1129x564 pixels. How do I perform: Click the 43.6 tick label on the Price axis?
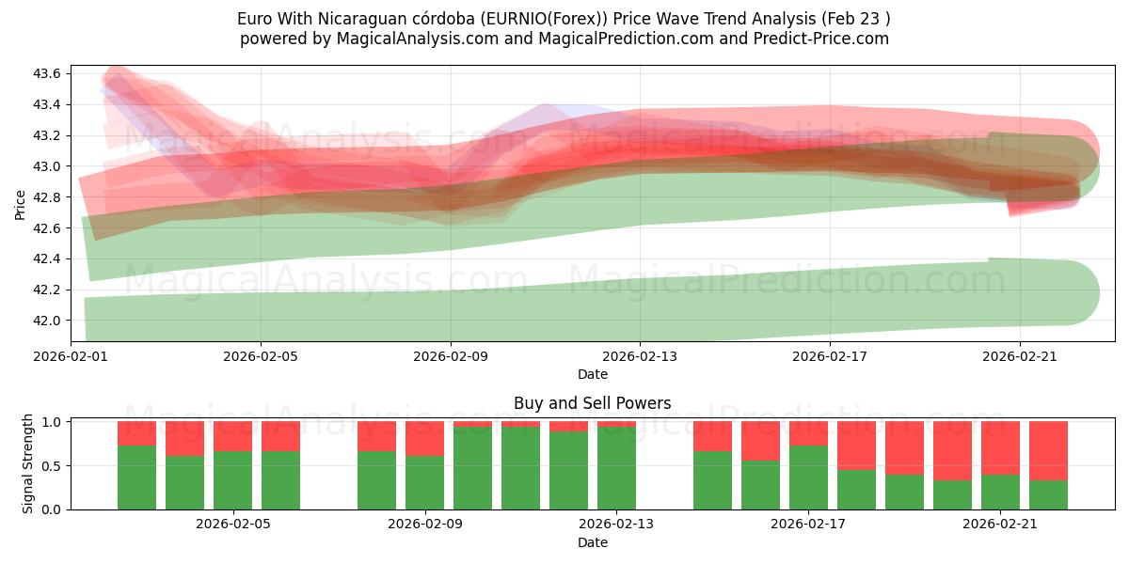tap(49, 73)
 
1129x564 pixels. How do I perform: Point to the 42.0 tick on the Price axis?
tap(49, 321)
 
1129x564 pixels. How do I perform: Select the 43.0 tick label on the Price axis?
tap(49, 166)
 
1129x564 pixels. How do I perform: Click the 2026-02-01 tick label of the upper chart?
tap(71, 356)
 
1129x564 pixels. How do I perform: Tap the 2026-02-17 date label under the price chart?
tap(830, 356)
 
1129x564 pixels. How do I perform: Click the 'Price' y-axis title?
tap(21, 203)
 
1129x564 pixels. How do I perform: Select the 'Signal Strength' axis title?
tap(28, 463)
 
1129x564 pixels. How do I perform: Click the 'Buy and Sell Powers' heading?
tap(592, 403)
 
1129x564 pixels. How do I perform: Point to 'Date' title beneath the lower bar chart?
tap(592, 542)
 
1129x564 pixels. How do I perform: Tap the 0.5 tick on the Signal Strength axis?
tap(53, 466)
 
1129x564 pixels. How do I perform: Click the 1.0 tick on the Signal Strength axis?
tap(53, 422)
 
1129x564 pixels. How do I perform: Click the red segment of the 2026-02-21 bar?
tap(1000, 447)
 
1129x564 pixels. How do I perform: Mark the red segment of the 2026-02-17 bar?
tap(808, 433)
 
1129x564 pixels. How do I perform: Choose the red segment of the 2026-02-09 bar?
tap(424, 438)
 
